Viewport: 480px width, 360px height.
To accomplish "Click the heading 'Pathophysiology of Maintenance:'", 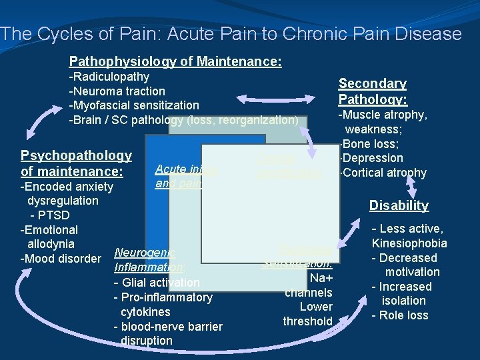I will coord(175,61).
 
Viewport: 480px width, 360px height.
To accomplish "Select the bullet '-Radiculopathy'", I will coord(109,77).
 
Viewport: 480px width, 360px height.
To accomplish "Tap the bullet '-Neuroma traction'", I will coord(117,91).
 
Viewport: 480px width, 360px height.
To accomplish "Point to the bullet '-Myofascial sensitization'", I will coord(134,105).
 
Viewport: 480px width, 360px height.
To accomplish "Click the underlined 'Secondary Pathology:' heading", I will coord(372,91).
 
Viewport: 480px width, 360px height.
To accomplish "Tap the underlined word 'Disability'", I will coord(399,205).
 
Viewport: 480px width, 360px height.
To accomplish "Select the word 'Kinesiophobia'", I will coord(409,243).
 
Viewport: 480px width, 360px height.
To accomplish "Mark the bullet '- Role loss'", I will coord(399,315).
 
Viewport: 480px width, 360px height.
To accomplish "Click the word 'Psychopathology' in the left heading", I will coord(76,155).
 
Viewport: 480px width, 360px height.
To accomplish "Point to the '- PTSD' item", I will coord(49,215).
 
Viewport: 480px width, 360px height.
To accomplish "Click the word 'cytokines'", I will coord(145,312).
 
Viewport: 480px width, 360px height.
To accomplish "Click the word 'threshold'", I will coord(307,321).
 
